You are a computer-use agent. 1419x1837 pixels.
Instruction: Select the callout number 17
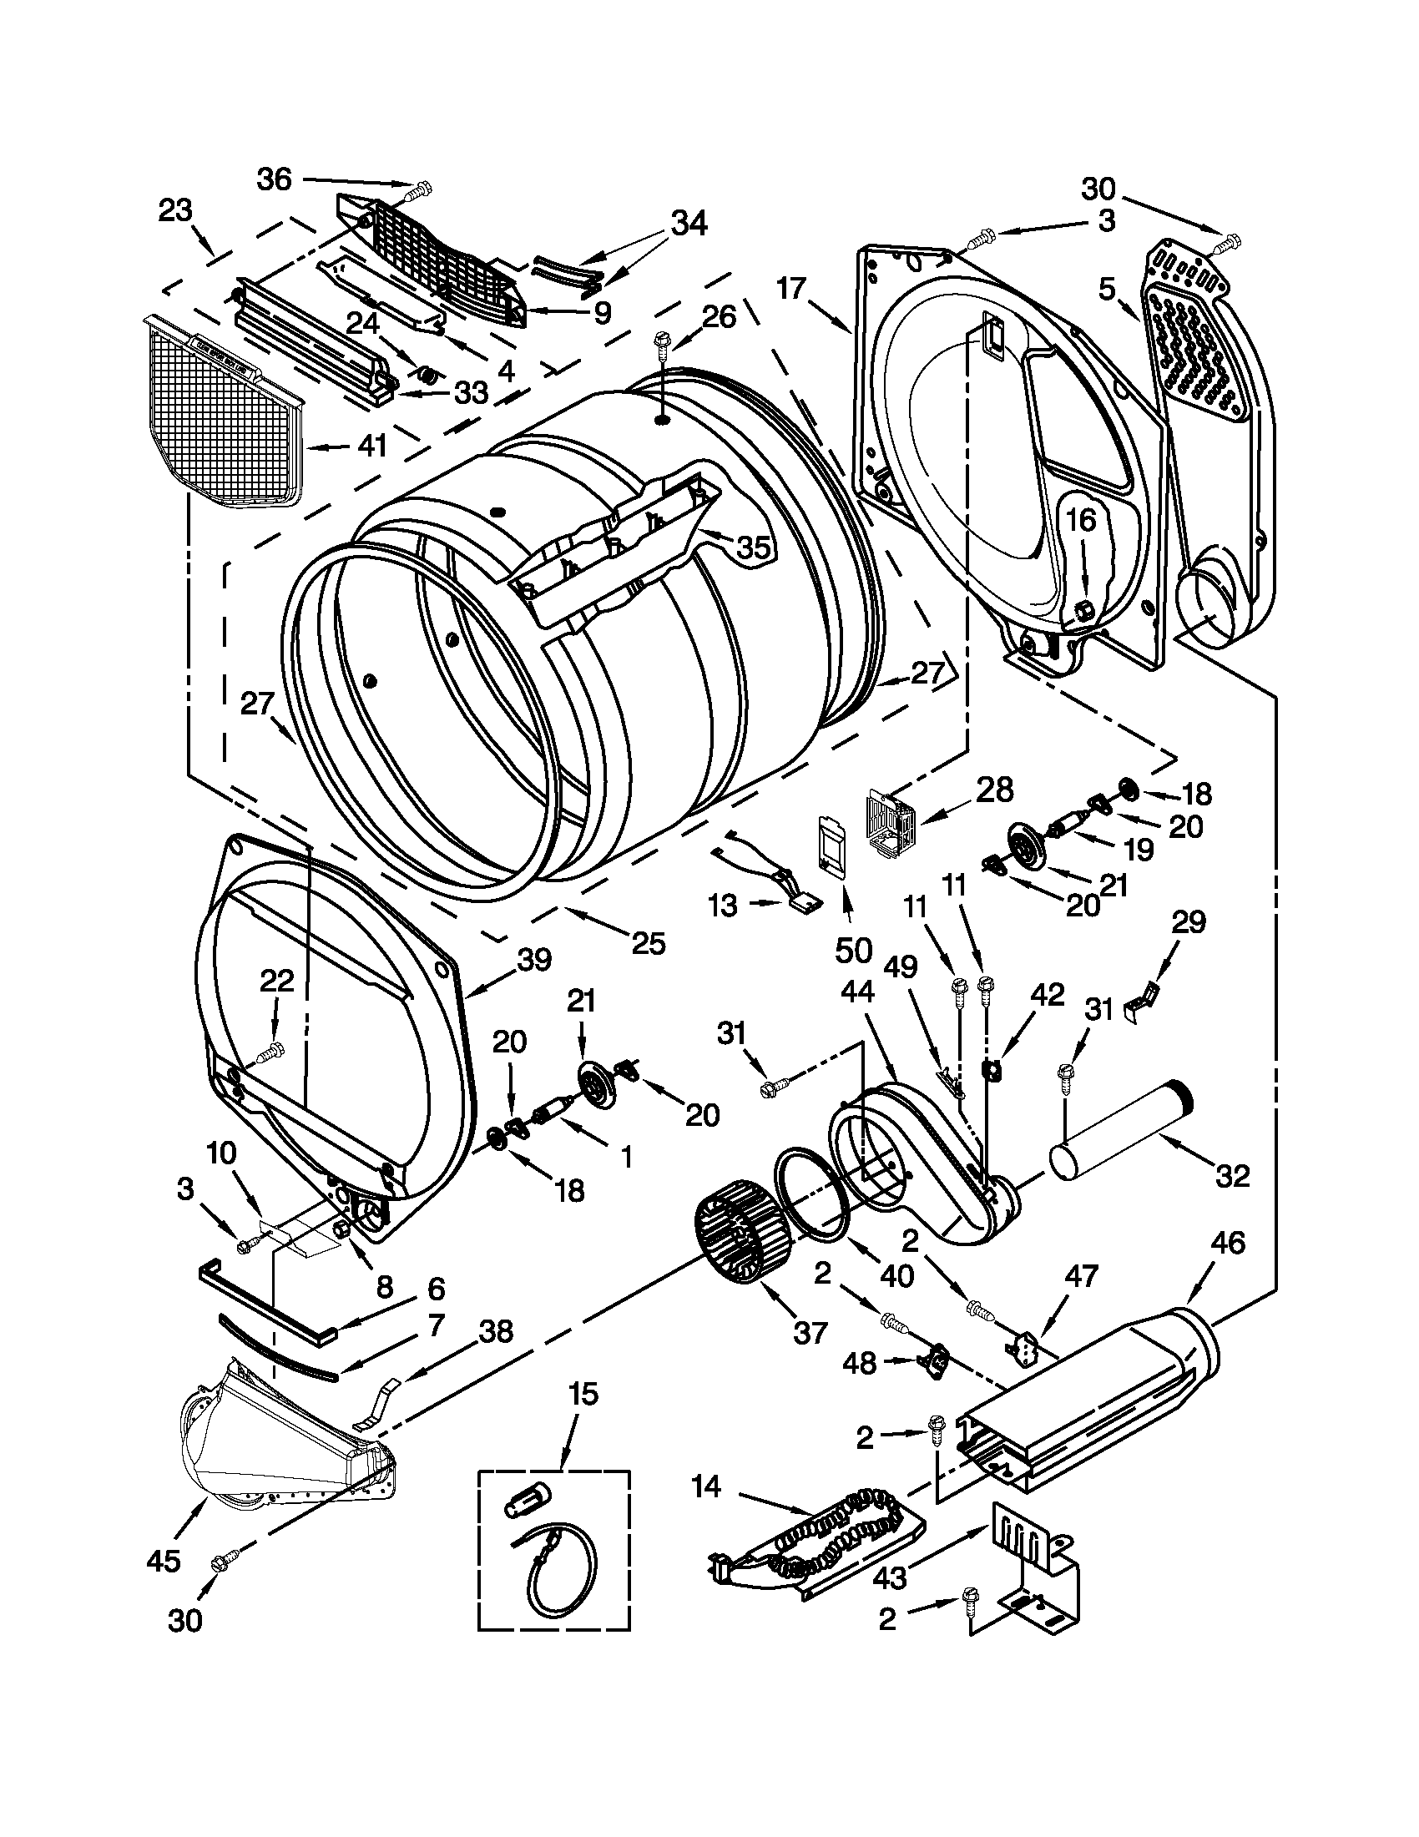pos(791,290)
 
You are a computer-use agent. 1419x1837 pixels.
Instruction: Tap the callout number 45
pos(162,1560)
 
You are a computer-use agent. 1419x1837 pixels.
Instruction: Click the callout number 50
pos(853,950)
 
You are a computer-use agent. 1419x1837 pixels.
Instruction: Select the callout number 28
pos(994,790)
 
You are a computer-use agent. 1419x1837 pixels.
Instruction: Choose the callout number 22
pos(277,980)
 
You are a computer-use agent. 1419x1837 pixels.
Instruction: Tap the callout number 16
pos(1083,521)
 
